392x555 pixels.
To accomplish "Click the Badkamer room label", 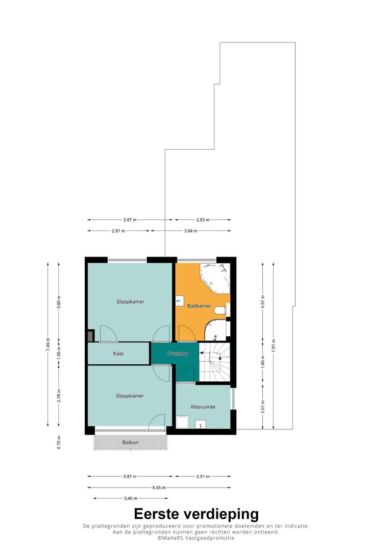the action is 199,306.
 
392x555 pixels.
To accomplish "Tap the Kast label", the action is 118,354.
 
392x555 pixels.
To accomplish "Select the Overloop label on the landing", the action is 178,354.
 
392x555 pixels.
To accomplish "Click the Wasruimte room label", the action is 203,407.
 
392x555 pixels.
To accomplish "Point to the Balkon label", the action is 131,443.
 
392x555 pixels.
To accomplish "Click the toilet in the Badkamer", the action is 221,310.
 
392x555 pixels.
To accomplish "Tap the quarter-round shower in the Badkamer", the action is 216,330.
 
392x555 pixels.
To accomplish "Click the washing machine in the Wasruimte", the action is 182,422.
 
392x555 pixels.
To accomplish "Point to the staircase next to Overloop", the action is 214,362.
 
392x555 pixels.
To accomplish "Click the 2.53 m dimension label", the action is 203,220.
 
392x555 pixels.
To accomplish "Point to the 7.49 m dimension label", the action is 47,344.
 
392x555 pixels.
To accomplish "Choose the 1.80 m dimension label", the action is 263,362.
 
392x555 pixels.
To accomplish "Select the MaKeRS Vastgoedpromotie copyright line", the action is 196,538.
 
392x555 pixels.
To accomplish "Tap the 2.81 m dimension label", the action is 118,231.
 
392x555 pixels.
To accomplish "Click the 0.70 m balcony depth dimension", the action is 59,443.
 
